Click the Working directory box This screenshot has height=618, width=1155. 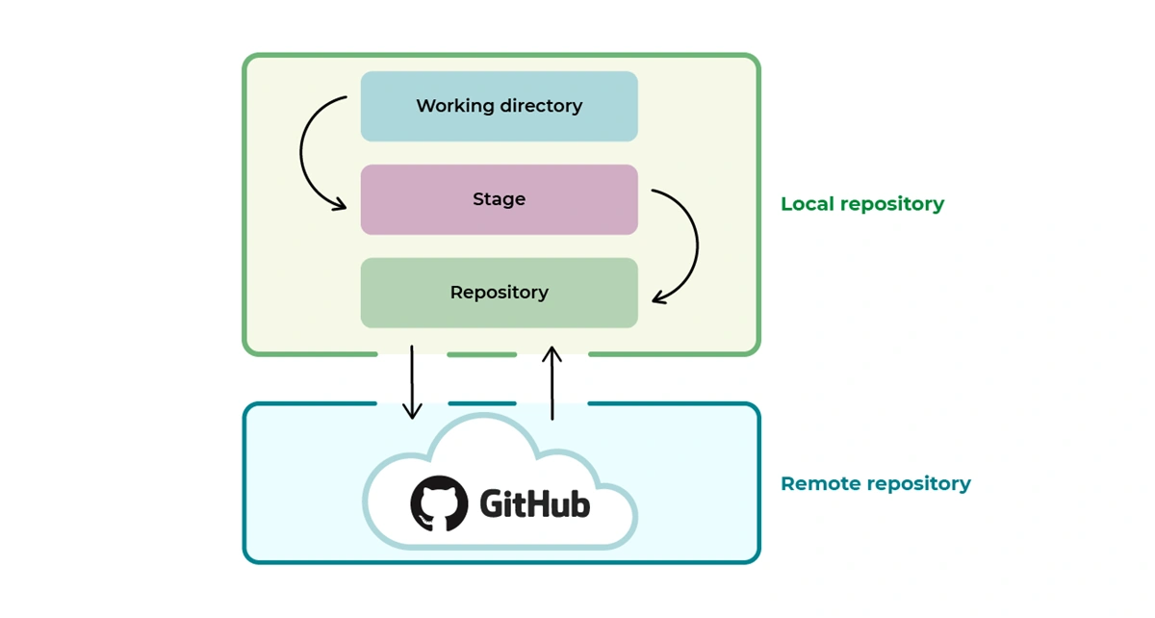(x=499, y=106)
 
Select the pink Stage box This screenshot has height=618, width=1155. (x=499, y=199)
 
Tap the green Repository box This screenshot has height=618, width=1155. (x=499, y=293)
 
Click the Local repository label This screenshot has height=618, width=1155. (x=861, y=204)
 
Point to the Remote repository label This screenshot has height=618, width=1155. (x=875, y=483)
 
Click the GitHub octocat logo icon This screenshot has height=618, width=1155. (x=440, y=503)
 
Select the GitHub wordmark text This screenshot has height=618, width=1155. (x=534, y=503)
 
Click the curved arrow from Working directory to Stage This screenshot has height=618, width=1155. (x=304, y=154)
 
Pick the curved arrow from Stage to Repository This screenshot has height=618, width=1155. (x=694, y=245)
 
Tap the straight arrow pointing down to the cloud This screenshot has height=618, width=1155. (x=412, y=380)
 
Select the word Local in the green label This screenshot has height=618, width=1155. (x=807, y=204)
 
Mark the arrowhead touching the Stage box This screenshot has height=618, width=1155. (x=338, y=203)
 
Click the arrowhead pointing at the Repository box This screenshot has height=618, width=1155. (x=660, y=297)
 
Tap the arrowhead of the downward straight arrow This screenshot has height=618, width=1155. (x=412, y=411)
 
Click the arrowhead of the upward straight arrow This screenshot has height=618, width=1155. (x=552, y=354)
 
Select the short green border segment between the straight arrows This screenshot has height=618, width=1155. (x=482, y=354)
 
